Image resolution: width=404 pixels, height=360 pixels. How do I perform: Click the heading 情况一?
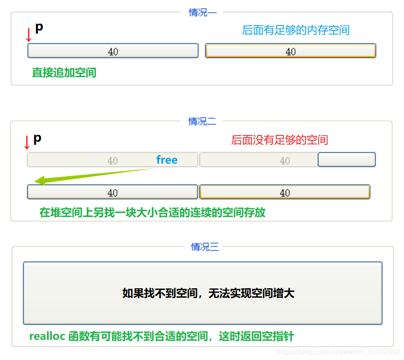pyautogui.click(x=202, y=13)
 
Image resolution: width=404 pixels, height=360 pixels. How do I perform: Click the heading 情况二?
pyautogui.click(x=202, y=121)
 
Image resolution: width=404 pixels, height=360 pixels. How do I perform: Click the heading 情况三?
pyautogui.click(x=204, y=247)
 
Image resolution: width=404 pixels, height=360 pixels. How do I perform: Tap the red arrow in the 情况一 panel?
pyautogui.click(x=29, y=35)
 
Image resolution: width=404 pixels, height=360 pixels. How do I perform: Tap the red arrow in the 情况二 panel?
pyautogui.click(x=26, y=142)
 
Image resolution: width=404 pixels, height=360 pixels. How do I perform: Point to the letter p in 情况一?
pyautogui.click(x=39, y=27)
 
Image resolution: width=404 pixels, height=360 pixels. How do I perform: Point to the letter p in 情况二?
pyautogui.click(x=38, y=138)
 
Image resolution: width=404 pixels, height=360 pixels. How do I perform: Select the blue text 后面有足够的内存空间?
pyautogui.click(x=295, y=30)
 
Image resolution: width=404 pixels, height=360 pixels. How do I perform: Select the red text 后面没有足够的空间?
pyautogui.click(x=279, y=140)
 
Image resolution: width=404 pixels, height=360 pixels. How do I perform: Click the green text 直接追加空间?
pyautogui.click(x=64, y=73)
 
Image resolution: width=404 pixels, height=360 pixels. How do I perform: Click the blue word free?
pyautogui.click(x=167, y=160)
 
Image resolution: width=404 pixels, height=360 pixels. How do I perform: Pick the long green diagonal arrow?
pyautogui.click(x=94, y=174)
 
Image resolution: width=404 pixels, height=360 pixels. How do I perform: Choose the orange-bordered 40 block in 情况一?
pyautogui.click(x=291, y=51)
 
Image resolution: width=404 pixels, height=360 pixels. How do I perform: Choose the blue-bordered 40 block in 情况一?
pyautogui.click(x=113, y=51)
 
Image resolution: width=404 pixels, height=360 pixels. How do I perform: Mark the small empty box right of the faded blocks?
pyautogui.click(x=346, y=160)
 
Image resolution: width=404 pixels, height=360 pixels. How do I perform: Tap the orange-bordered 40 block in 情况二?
pyautogui.click(x=285, y=192)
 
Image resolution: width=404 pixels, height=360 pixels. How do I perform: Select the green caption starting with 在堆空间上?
pyautogui.click(x=152, y=212)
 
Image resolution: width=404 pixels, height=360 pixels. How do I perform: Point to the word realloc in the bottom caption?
pyautogui.click(x=48, y=336)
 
